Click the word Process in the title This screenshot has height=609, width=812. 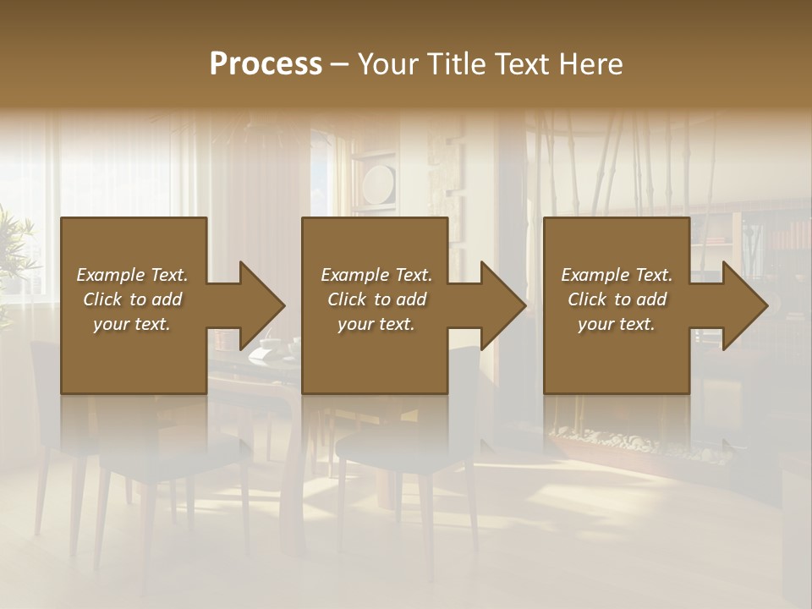(x=266, y=64)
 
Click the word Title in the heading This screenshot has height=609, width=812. (x=453, y=64)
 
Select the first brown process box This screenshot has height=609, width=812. (x=134, y=355)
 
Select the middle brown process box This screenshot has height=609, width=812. (x=375, y=355)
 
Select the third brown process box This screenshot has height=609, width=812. (x=616, y=355)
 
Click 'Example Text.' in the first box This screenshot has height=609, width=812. (x=132, y=275)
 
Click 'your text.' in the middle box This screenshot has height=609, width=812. (x=376, y=324)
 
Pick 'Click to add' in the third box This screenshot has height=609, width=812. (x=617, y=299)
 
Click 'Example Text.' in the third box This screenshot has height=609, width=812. (x=617, y=275)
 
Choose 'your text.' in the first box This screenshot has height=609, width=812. (x=132, y=324)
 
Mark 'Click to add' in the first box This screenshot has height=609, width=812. (x=132, y=299)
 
